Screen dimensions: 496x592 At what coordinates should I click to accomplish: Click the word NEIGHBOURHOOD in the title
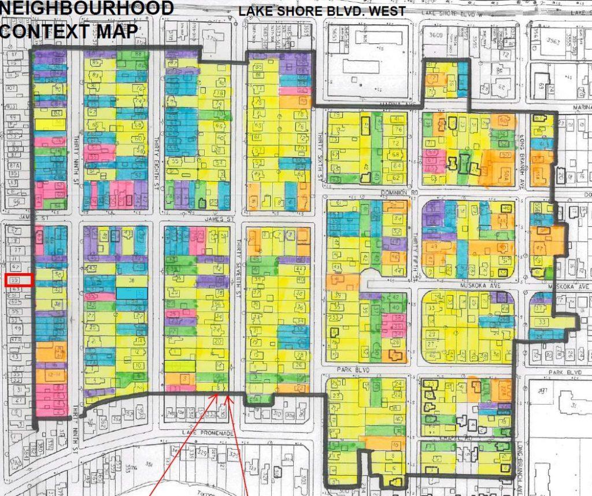[x=87, y=9]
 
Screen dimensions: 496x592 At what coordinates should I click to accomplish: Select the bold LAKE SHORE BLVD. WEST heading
[x=322, y=12]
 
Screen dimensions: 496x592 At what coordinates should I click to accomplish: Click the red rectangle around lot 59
[x=16, y=280]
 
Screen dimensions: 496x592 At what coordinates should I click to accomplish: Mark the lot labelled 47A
[x=16, y=340]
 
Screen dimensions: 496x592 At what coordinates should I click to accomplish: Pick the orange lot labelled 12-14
[x=56, y=376]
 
